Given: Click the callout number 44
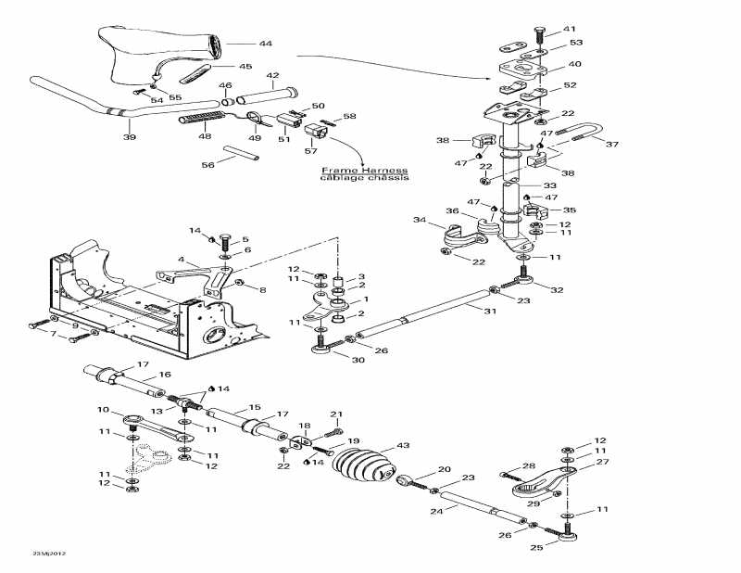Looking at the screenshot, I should [x=265, y=44].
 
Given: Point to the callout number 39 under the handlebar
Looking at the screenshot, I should [x=129, y=137].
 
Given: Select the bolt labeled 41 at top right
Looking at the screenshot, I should [x=540, y=36].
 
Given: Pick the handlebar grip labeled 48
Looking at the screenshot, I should [x=200, y=121].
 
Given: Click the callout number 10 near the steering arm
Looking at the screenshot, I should [x=103, y=410].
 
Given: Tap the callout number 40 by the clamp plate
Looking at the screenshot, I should [x=574, y=65].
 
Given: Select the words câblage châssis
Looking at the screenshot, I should [x=364, y=178].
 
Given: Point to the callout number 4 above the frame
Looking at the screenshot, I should [x=182, y=260].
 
